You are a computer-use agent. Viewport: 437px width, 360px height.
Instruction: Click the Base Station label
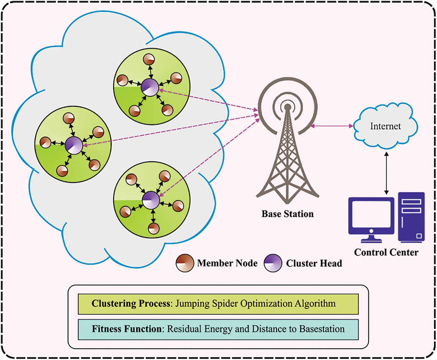(x=288, y=214)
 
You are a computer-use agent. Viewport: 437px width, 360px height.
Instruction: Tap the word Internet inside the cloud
(x=385, y=126)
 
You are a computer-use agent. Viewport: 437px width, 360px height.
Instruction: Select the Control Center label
(x=386, y=252)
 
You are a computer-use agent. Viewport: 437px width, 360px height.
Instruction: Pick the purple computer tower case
(x=412, y=217)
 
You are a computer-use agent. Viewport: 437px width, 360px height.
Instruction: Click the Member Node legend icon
(x=185, y=263)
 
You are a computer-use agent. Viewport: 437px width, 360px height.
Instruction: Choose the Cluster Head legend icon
(x=273, y=263)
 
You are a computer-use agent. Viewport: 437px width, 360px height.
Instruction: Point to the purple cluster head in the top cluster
(x=150, y=87)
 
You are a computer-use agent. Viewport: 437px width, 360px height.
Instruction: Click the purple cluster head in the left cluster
(x=74, y=144)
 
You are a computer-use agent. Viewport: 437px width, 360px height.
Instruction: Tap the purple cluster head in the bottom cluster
(x=151, y=200)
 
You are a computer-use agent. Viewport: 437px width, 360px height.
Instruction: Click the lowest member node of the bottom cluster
(x=154, y=228)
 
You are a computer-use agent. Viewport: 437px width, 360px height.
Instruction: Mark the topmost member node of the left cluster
(x=69, y=118)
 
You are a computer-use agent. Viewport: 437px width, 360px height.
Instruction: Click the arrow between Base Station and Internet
(x=332, y=126)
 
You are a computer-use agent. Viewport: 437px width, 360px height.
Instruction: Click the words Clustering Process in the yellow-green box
(x=131, y=303)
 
